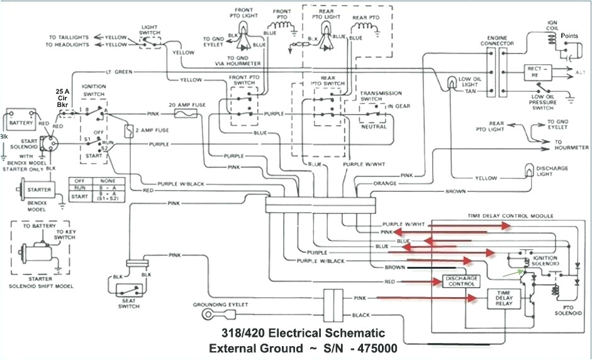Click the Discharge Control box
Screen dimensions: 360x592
click(462, 281)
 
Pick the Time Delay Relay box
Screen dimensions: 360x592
click(504, 299)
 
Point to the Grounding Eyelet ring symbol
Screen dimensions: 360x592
click(206, 313)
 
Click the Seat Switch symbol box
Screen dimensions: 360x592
click(130, 291)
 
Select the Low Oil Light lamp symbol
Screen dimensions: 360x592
click(452, 82)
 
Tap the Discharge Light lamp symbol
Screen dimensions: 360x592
click(529, 171)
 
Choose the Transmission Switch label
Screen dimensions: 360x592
click(381, 96)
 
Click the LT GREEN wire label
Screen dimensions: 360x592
click(120, 72)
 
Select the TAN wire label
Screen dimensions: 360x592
click(470, 91)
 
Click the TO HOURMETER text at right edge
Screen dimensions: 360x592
click(571, 147)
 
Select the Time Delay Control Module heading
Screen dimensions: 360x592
click(510, 215)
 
